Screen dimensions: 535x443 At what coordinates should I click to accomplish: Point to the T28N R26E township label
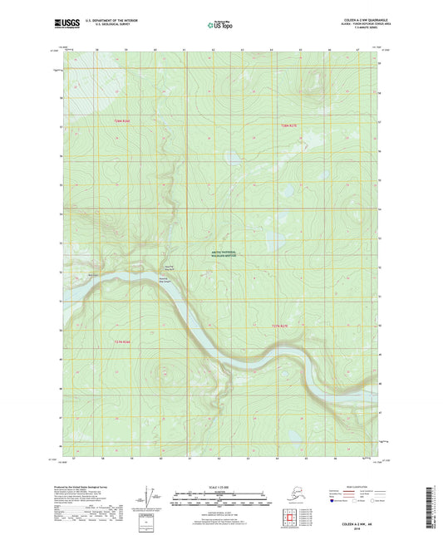click(122, 121)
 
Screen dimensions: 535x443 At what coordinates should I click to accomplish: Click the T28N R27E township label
click(287, 124)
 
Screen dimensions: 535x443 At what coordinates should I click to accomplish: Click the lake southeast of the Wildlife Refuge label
click(268, 243)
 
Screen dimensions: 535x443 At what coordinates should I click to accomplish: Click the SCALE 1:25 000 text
click(221, 486)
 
